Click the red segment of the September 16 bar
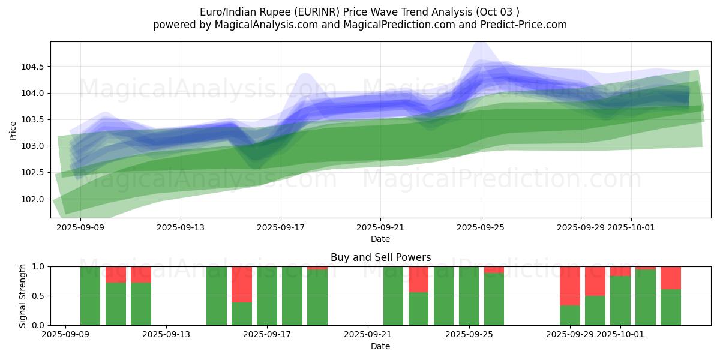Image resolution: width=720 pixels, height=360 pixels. pos(242,284)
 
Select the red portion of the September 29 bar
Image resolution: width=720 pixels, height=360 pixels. pos(569,286)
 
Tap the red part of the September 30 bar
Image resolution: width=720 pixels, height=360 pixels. pos(595,281)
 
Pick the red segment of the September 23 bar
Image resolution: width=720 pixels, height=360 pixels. pos(418,279)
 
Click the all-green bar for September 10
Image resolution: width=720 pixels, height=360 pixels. pos(91,296)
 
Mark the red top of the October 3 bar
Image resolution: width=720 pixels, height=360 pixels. pos(670,278)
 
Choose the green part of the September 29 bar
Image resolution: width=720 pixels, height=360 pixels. pos(569,316)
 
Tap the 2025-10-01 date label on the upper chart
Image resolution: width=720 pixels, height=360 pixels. pos(631,228)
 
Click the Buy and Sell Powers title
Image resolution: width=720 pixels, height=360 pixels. pos(381,257)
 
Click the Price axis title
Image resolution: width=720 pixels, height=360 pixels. pos(13,130)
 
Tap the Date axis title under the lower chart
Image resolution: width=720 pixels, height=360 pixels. pos(380,346)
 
